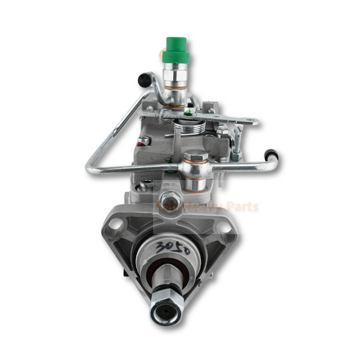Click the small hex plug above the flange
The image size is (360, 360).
click(x=170, y=197)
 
